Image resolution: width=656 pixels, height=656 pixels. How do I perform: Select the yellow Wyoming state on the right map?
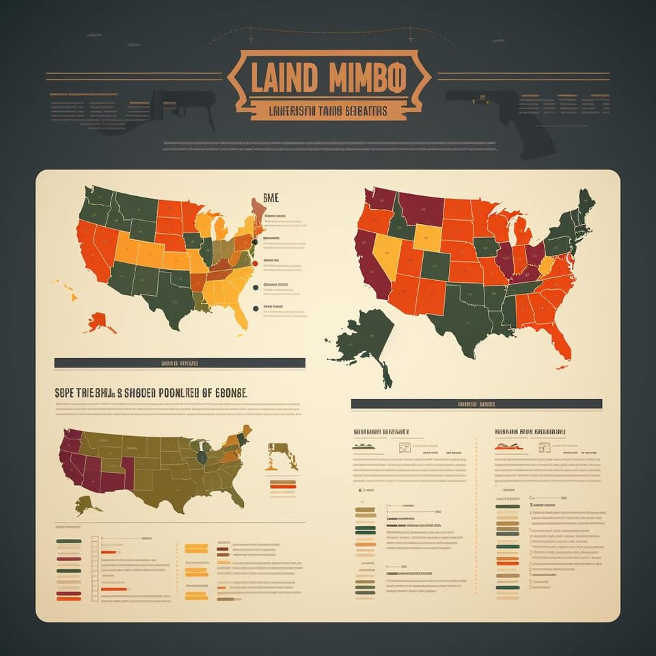point(428,237)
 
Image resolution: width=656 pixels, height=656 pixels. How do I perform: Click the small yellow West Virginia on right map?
point(546,266)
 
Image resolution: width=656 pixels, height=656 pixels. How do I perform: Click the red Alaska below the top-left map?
point(99,321)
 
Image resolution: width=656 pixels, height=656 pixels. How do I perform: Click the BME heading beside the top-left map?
point(271,198)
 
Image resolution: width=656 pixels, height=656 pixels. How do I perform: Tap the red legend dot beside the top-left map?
point(256,263)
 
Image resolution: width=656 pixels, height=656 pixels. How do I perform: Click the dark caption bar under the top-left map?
point(179,363)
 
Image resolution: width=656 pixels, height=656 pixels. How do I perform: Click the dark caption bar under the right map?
point(476,404)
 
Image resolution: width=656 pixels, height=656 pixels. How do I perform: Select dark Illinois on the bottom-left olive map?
point(202,456)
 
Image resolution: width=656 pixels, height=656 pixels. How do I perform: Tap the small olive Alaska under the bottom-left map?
point(86,506)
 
